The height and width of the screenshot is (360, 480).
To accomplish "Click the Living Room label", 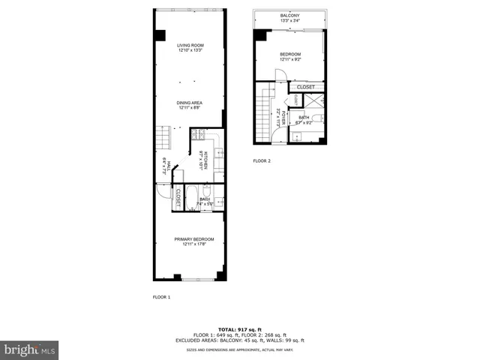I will pos(190,48).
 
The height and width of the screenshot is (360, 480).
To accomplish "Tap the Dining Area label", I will pos(190,105).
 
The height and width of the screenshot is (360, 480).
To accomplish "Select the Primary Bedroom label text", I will pos(194,241).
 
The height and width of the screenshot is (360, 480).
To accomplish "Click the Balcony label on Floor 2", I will pos(290,17).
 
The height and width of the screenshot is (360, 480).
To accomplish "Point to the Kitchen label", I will pos(201,160).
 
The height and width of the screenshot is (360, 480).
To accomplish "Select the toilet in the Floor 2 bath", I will pos(317,118).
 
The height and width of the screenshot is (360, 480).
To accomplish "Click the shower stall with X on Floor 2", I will pos(316,100).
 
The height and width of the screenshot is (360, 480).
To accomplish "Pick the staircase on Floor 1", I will pos(162,139).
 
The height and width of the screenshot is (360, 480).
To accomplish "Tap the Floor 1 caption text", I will pos(161,298).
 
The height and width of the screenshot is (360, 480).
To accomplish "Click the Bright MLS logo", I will pos(30,349).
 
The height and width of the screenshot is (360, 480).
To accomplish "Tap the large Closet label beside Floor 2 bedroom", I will pos(305,87).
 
